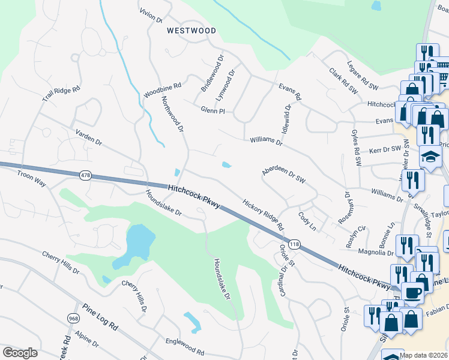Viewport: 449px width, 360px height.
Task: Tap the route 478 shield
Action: (x=85, y=175)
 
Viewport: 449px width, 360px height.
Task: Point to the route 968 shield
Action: (x=74, y=318)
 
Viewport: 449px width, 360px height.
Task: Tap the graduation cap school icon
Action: (x=430, y=157)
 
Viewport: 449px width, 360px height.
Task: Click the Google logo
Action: (x=20, y=353)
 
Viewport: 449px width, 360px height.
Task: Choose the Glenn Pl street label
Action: (x=212, y=111)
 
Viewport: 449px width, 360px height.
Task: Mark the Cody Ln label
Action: (x=306, y=220)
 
